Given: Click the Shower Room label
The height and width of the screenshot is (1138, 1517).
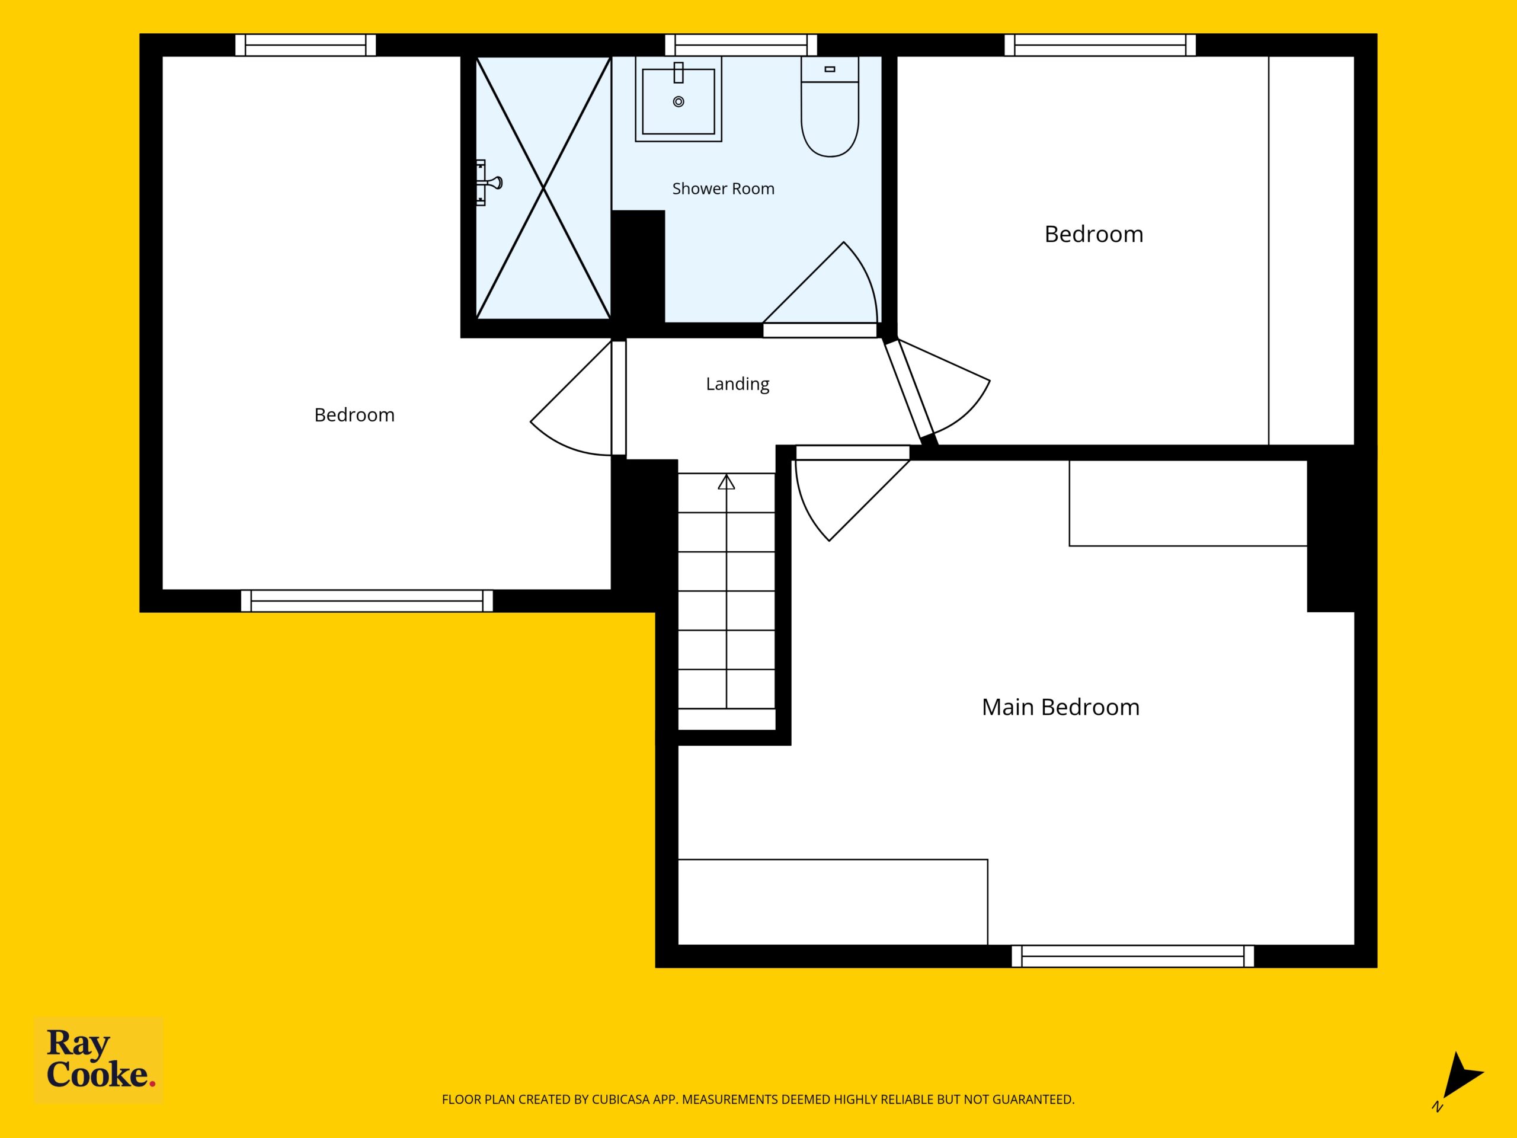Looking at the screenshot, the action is coord(723,188).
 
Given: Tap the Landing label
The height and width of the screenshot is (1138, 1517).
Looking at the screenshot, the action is coord(737,384).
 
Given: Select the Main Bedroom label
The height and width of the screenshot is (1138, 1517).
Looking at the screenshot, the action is coord(1060,707).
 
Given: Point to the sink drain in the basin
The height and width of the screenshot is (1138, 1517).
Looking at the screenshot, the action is coord(679,101).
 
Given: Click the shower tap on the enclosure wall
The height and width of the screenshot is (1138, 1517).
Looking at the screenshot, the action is coord(489,183).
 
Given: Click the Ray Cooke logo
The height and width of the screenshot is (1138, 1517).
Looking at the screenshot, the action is coord(99,1060).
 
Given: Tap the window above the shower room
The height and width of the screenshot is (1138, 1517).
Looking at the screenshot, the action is coord(741,45).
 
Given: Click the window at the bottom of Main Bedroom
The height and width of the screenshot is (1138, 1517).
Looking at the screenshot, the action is coord(1132,956).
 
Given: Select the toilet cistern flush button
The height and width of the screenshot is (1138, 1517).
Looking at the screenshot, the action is coord(830,69).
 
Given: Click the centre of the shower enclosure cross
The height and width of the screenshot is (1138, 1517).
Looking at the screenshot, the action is coord(543,187).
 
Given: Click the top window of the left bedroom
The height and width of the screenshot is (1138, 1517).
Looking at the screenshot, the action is coord(305,45).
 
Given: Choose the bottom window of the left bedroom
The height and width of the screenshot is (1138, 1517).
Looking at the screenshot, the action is coord(367,601).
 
